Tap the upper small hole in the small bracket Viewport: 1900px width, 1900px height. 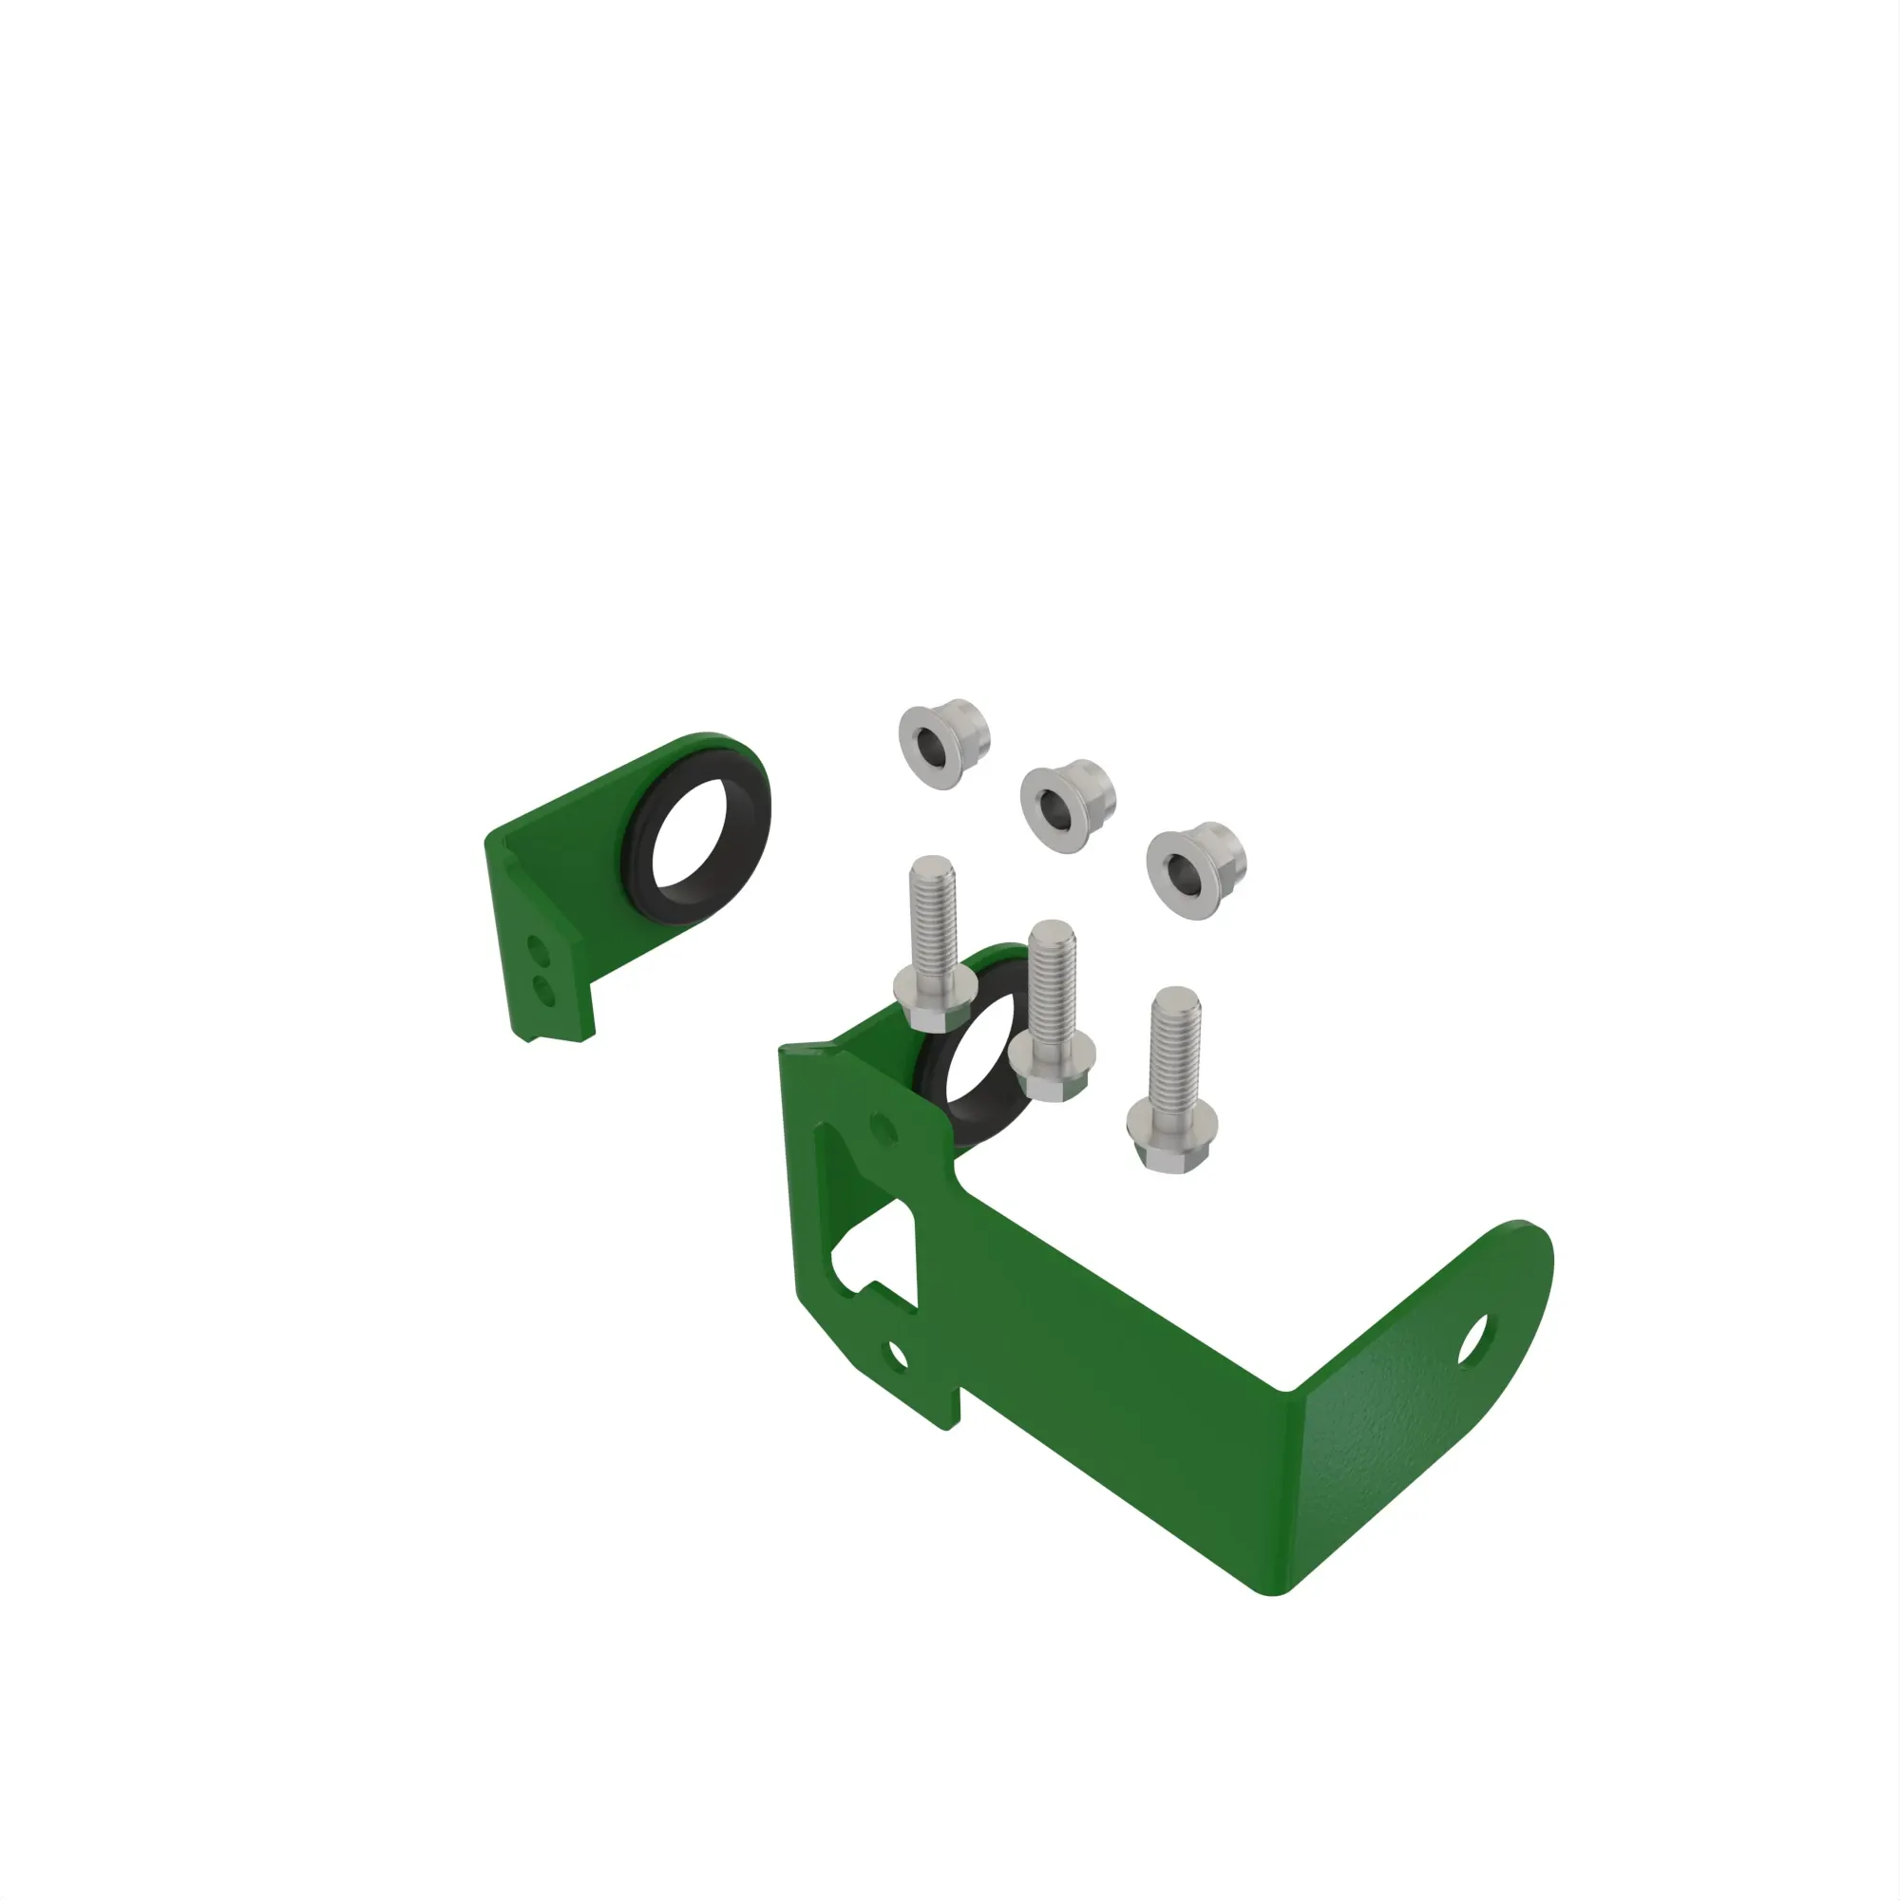(x=537, y=949)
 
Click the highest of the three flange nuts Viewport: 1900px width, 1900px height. (x=941, y=744)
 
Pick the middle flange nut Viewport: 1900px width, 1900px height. (x=1064, y=806)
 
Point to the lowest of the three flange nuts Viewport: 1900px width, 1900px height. (x=1193, y=868)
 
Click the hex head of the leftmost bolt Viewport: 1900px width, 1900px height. (x=933, y=1001)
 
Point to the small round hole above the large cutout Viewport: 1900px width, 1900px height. (x=883, y=1129)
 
